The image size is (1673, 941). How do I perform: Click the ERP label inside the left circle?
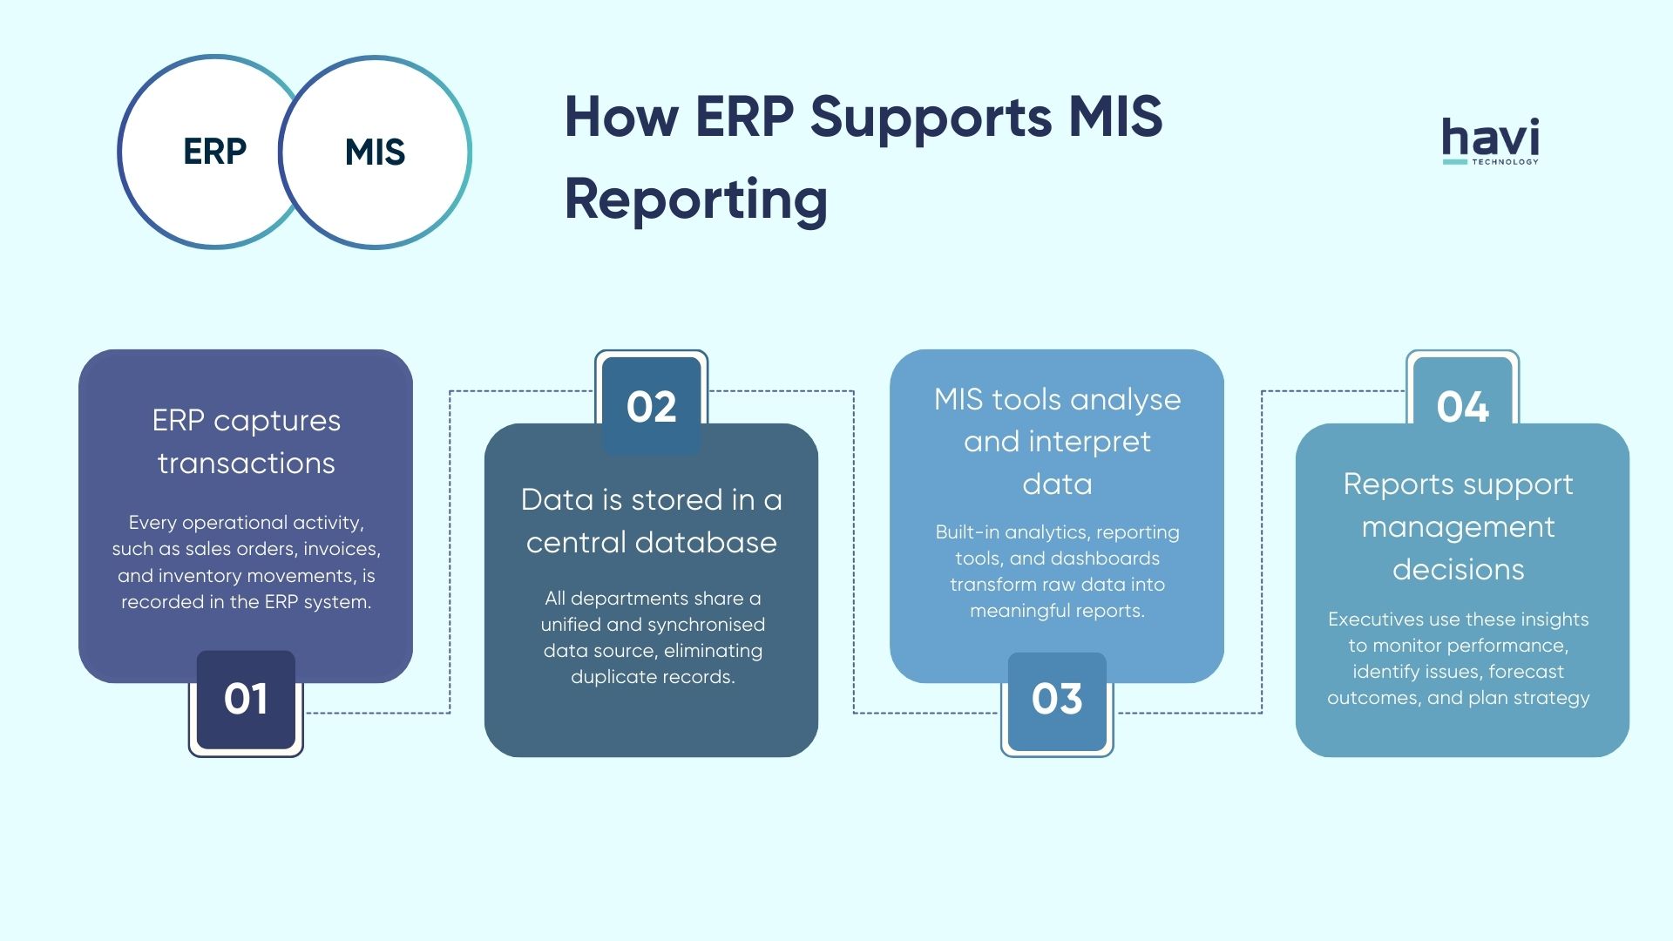coord(214,152)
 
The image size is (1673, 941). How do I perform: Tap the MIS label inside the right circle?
coord(375,152)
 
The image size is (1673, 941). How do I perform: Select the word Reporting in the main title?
coord(695,200)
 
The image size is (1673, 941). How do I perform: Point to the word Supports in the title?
coord(930,117)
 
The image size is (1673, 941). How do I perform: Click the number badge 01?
coord(246,699)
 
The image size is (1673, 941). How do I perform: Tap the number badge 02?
coord(651,407)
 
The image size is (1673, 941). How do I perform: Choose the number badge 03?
coord(1057,699)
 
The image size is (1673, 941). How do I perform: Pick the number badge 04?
coord(1462,407)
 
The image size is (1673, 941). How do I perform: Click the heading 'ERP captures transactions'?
coord(246,441)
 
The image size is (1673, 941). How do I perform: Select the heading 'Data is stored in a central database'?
coord(651,520)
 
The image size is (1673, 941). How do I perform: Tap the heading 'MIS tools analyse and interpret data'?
coord(1057,441)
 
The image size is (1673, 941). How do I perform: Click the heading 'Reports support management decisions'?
coord(1458,526)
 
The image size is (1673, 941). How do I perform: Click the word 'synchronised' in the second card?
coord(710,625)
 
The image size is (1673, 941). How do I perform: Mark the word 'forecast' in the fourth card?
coord(1526,672)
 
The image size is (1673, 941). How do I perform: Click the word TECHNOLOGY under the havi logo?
coord(1505,162)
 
